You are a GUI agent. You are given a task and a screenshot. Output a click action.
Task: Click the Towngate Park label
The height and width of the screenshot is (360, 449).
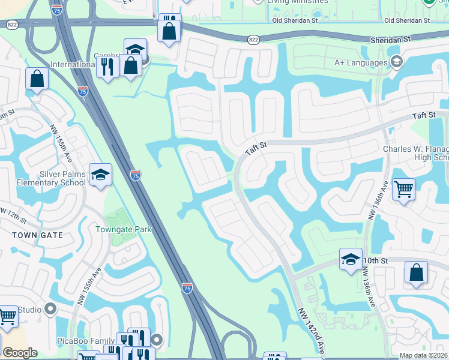click(x=124, y=229)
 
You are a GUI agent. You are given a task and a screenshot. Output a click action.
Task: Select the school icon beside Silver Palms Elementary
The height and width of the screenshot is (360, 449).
click(x=100, y=175)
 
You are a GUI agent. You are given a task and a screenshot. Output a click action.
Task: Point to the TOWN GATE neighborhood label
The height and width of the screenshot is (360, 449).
click(x=38, y=235)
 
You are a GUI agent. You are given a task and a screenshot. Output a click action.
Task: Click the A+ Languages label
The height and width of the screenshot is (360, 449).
click(x=361, y=62)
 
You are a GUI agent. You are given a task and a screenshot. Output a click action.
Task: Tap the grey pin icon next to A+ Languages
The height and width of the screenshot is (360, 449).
click(x=396, y=62)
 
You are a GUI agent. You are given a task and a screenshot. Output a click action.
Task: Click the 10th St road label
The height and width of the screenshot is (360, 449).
click(x=376, y=260)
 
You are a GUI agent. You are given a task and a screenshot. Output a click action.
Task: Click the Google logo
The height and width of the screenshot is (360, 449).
click(x=20, y=353)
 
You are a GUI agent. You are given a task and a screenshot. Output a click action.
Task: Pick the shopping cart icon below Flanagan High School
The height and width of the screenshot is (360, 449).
click(x=403, y=190)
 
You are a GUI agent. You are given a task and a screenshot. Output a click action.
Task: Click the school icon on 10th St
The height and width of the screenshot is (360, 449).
click(x=351, y=259)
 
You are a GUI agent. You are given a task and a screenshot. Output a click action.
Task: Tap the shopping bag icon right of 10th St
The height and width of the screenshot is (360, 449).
click(x=416, y=272)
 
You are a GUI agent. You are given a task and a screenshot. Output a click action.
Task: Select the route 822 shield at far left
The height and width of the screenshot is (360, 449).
click(x=11, y=25)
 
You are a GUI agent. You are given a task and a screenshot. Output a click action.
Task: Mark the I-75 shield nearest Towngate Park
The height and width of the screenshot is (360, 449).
click(x=136, y=175)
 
